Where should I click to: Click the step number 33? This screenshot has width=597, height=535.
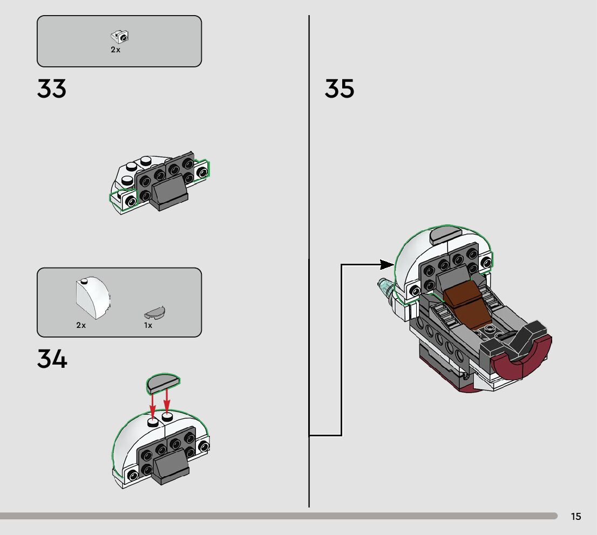coord(52,89)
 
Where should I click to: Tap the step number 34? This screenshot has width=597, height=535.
coord(52,359)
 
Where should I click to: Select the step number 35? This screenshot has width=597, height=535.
coord(340,89)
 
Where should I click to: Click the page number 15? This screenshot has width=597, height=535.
coord(576,517)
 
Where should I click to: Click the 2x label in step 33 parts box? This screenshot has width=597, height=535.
coord(116,50)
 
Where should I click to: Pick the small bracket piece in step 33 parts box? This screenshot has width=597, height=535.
coord(120,37)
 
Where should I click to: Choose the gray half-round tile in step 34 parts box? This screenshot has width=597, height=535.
coord(155,312)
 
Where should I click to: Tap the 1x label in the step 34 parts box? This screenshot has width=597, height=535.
coord(148,326)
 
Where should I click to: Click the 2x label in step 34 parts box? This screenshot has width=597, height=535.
coord(81,326)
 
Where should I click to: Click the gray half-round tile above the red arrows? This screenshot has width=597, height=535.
coord(163,382)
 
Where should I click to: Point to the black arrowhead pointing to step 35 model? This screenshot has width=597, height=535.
coord(386,264)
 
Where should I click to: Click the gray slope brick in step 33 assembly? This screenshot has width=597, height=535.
coord(171,195)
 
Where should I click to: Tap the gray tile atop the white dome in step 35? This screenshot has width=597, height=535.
coord(445,236)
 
